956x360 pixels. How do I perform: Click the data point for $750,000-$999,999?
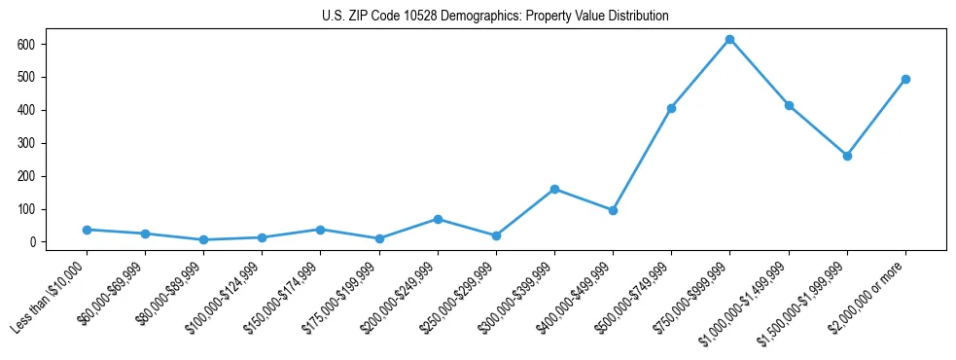[729, 40]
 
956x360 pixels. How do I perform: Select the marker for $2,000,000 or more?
[905, 79]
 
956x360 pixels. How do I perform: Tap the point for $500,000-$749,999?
[671, 108]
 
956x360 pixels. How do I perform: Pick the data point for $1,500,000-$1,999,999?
[847, 156]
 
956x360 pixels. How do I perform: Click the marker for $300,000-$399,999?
[554, 189]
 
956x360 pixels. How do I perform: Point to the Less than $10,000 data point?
[87, 230]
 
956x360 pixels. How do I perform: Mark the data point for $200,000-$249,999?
[438, 219]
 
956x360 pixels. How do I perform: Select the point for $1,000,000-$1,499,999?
[789, 105]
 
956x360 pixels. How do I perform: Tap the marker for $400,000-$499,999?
[613, 210]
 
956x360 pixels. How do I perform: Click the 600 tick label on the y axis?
[26, 44]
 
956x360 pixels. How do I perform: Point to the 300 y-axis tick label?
[26, 143]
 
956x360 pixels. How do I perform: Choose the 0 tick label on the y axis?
[32, 242]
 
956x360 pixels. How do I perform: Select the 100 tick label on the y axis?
[26, 209]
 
